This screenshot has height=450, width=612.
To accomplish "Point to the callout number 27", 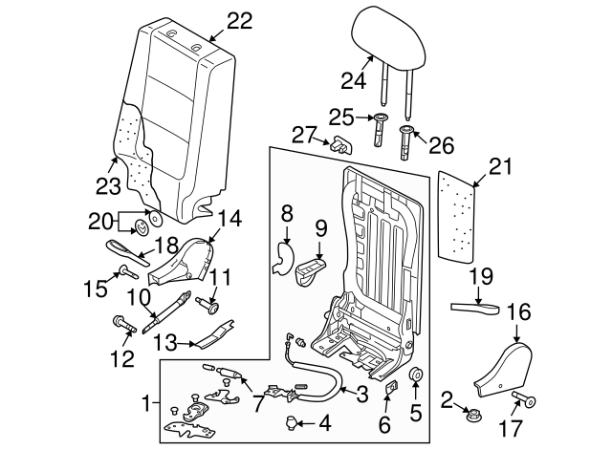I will click(304, 134).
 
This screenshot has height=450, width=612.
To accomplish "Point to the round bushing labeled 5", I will click(417, 375).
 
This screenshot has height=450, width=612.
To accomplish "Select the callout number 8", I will click(286, 209).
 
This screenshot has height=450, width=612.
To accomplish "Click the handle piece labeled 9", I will click(312, 270).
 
